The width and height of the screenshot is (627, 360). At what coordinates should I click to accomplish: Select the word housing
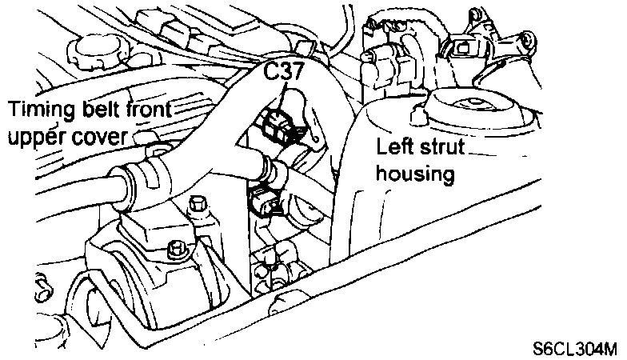click(x=417, y=173)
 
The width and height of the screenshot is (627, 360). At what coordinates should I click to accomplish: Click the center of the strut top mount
click(x=472, y=104)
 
